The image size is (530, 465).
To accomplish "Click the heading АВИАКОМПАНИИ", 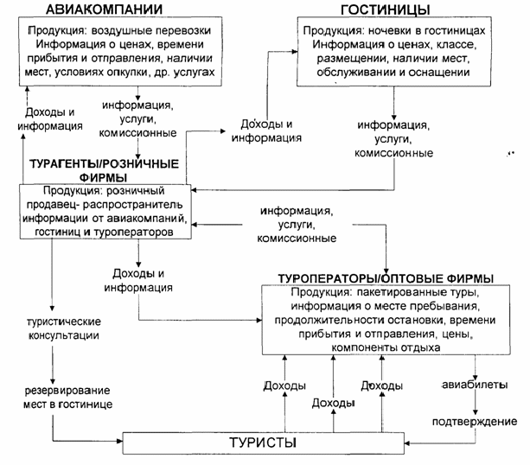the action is [104, 10].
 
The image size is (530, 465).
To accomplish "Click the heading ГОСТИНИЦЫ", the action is [386, 10].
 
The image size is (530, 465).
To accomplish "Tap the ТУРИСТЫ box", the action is [264, 443].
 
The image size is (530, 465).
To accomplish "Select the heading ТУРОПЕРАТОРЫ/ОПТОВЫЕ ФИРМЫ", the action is [386, 279].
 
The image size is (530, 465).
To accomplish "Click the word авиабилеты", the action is [475, 385].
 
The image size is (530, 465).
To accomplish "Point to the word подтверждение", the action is [475, 422].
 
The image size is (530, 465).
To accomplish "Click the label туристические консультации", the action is [64, 328].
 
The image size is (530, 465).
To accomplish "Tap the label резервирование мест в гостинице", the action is [67, 398].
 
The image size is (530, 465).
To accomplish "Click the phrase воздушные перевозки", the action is [151, 30].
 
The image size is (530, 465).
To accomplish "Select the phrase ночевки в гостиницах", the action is [426, 31].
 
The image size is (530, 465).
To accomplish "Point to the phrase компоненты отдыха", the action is [386, 347].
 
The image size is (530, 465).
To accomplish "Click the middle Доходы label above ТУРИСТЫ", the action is [333, 403].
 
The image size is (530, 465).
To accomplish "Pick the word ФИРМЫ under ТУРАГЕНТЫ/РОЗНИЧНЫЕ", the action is [104, 177].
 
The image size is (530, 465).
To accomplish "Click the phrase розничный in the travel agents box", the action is [136, 191].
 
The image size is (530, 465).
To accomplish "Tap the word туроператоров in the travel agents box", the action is [133, 232].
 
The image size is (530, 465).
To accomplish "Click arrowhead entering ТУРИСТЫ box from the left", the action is [119, 441].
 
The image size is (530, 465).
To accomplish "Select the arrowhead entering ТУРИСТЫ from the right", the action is [407, 443].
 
